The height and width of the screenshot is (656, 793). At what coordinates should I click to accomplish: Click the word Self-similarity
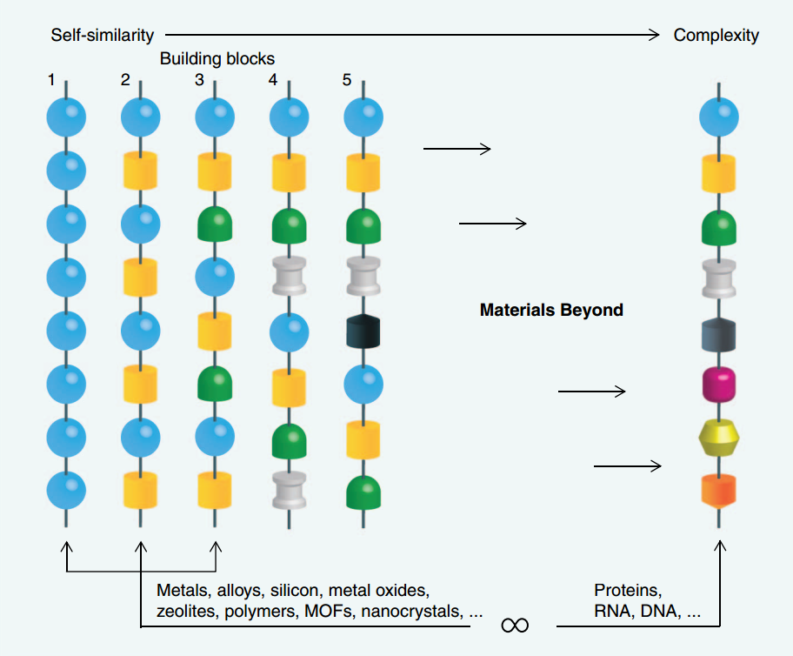pyautogui.click(x=102, y=35)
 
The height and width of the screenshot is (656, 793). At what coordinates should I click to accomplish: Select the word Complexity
pyautogui.click(x=716, y=35)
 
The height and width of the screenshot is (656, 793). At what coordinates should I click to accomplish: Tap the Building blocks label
pyautogui.click(x=217, y=59)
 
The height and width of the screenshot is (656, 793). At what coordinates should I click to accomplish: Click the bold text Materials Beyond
pyautogui.click(x=551, y=310)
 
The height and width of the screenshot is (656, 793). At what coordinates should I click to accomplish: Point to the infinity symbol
pyautogui.click(x=515, y=625)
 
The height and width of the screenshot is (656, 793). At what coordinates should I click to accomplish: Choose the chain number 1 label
pyautogui.click(x=52, y=81)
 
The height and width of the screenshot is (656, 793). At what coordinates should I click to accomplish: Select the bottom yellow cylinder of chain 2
pyautogui.click(x=141, y=490)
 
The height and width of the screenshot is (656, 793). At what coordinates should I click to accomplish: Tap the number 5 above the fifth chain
pyautogui.click(x=347, y=81)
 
